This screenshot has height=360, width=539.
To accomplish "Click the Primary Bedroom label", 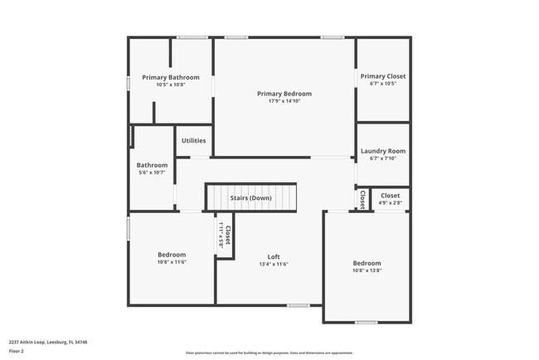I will pyautogui.click(x=284, y=94).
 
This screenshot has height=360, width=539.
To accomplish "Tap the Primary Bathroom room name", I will pyautogui.click(x=171, y=77).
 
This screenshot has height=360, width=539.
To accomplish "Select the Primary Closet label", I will pyautogui.click(x=383, y=76).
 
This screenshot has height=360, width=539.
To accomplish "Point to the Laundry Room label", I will pyautogui.click(x=383, y=151).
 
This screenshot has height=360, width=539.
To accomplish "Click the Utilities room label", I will pyautogui.click(x=194, y=141).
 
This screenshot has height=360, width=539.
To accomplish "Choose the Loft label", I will pyautogui.click(x=274, y=256).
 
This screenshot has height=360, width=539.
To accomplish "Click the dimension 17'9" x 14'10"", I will pyautogui.click(x=284, y=101).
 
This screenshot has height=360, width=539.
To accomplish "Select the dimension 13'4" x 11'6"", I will pyautogui.click(x=274, y=264).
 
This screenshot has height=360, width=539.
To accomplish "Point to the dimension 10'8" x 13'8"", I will pyautogui.click(x=367, y=270).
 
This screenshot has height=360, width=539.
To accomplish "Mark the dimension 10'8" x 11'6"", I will pyautogui.click(x=172, y=262).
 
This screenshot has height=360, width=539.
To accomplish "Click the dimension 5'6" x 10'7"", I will pyautogui.click(x=153, y=173).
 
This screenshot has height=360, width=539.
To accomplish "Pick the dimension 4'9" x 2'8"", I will pyautogui.click(x=390, y=202).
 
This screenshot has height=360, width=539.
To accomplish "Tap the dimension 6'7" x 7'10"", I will pyautogui.click(x=383, y=158).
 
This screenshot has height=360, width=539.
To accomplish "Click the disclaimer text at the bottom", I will pyautogui.click(x=269, y=352).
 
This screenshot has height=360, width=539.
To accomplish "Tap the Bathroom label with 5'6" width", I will pyautogui.click(x=153, y=165).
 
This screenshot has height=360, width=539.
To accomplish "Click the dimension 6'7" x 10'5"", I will pyautogui.click(x=383, y=84).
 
